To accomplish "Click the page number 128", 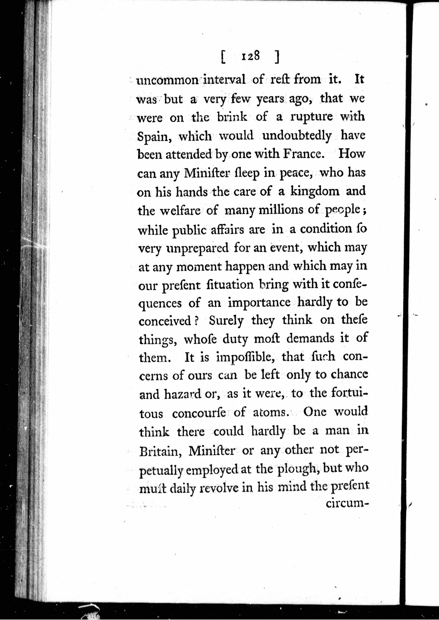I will pyautogui.click(x=251, y=57).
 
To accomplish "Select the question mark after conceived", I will pyautogui.click(x=197, y=321).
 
